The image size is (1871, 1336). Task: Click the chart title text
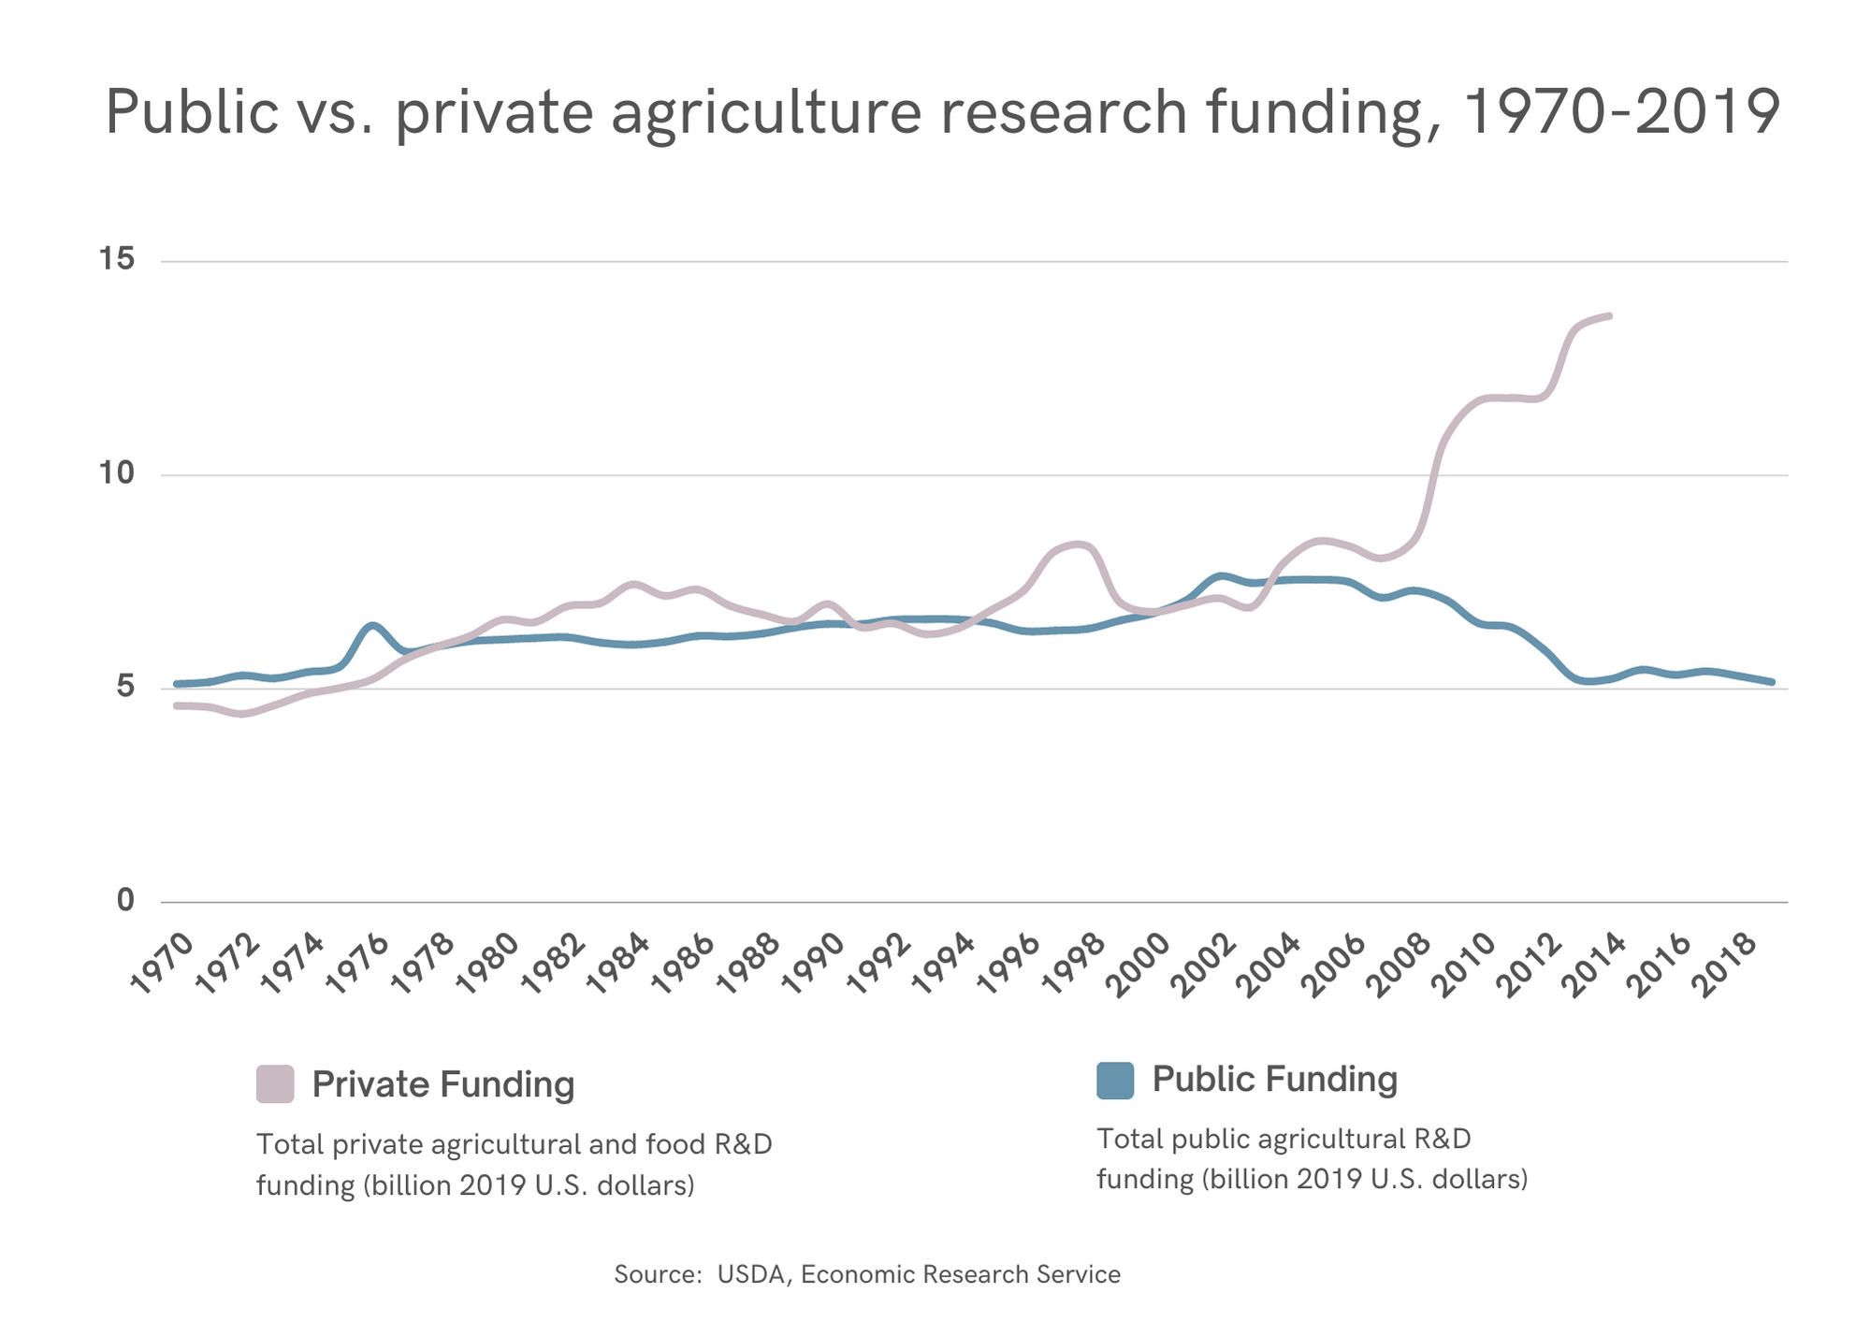(x=941, y=112)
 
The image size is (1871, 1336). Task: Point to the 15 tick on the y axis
(x=117, y=259)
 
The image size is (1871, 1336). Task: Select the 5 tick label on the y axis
(x=125, y=688)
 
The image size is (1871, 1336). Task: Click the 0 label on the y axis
(x=125, y=900)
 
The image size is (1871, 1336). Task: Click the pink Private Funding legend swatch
(x=275, y=1083)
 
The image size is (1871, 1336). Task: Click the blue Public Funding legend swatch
(x=1114, y=1080)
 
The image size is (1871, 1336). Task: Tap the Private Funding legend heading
(x=442, y=1084)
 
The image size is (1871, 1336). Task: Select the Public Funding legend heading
(x=1274, y=1079)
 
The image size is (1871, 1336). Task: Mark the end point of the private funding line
(x=1609, y=316)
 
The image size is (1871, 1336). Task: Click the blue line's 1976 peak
(x=372, y=625)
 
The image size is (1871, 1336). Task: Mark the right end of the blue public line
(x=1772, y=682)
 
